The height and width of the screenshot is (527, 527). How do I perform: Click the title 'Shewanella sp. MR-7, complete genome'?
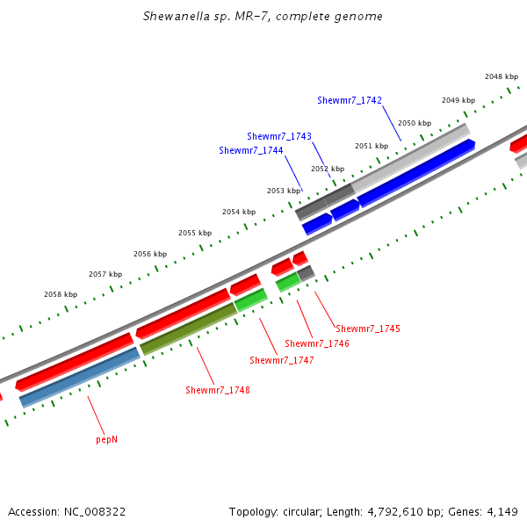pos(263,17)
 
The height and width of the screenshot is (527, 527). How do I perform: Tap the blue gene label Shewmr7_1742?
pos(350,101)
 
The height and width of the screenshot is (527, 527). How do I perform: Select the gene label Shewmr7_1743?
pos(279,136)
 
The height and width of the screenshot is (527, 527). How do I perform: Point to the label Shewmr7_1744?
pos(251,150)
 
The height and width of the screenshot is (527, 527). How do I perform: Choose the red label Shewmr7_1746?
pos(317,343)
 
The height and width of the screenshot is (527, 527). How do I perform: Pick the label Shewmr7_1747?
pos(282,360)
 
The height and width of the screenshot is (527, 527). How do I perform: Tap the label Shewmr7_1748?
pos(218,390)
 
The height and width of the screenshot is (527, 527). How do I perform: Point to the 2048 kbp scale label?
pos(502,76)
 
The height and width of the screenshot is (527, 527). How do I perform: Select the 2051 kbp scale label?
pos(372,146)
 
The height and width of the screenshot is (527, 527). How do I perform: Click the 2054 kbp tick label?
pos(239,212)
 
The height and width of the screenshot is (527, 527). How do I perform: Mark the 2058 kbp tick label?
pos(61,294)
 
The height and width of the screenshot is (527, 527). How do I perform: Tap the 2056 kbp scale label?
pos(150,254)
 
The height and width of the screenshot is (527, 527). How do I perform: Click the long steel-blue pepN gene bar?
pos(79,376)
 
